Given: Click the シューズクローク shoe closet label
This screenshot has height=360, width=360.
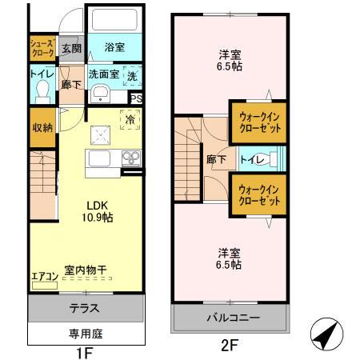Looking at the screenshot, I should pos(42,46).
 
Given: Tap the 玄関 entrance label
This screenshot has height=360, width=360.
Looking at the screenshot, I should pos(73,48).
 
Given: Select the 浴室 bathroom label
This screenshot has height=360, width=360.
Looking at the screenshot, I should pos(115,47).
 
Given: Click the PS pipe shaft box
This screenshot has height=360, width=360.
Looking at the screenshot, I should pos(136,99).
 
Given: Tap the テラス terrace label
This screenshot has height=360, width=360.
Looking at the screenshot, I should pos(86,307).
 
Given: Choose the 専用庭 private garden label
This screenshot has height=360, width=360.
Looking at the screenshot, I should pos(86,334).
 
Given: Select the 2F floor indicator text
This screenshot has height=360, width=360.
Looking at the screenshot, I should pos(229,346).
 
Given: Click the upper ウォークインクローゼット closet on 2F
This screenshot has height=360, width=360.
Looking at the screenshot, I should pos(258,122).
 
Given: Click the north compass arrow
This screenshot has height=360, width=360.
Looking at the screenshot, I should pos(324,334).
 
